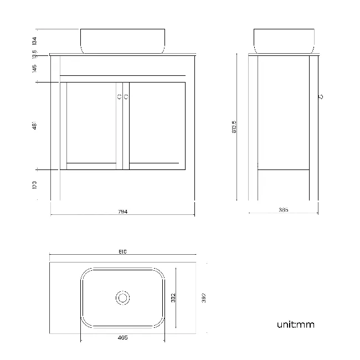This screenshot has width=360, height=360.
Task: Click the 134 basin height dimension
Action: click(34, 40)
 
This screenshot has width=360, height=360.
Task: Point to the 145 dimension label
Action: click(34, 69)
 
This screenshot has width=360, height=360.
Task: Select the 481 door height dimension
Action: click(34, 126)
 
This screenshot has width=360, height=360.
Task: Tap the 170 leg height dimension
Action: click(34, 184)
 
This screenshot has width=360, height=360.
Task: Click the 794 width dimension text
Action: click(123, 212)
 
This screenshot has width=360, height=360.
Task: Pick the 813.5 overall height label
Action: click(234, 127)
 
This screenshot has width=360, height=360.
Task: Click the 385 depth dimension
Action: click(284, 210)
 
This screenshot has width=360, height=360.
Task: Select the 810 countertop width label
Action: click(123, 251)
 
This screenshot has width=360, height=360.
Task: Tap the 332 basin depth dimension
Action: click(173, 298)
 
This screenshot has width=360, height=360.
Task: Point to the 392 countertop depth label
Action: click(204, 298)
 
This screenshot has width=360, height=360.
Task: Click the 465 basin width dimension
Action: click(123, 337)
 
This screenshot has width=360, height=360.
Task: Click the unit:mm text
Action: click(295, 325)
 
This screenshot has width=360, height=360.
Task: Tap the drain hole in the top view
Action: click(123, 298)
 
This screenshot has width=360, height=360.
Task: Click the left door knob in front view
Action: click(119, 97)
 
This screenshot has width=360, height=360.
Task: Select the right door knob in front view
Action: click(127, 97)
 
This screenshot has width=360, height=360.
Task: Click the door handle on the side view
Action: click(322, 97)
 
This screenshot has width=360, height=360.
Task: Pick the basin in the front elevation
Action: click(123, 41)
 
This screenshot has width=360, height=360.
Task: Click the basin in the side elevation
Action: click(284, 41)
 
